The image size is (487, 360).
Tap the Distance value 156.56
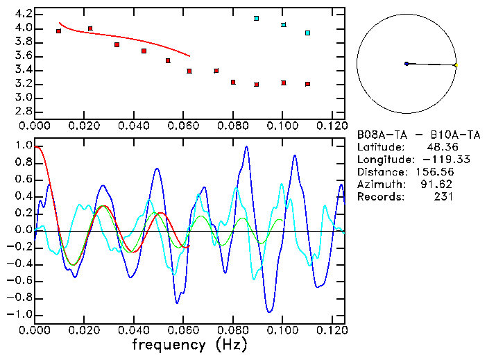[435, 172]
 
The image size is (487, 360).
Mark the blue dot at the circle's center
[407, 64]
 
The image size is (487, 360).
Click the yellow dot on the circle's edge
[455, 65]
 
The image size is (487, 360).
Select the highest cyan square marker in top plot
[257, 18]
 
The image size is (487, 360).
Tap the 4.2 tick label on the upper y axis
[23, 14]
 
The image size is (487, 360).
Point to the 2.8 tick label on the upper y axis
[23, 112]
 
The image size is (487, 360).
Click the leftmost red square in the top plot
[58, 31]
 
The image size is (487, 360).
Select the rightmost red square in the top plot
[307, 84]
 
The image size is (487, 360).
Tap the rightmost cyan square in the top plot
[307, 33]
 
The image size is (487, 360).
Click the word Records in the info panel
[379, 197]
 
